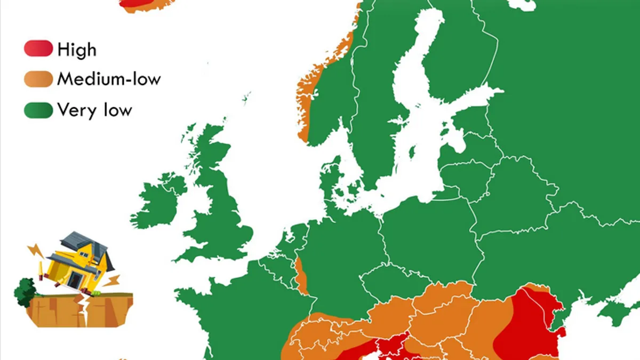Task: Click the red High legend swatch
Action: point(38,49)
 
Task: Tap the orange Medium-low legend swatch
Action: point(38,79)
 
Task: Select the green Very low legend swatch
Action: point(38,110)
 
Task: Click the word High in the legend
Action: point(77,50)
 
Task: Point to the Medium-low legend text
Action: point(109,79)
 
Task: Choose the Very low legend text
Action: point(94,110)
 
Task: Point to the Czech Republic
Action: point(392,277)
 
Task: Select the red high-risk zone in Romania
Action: point(528,325)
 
